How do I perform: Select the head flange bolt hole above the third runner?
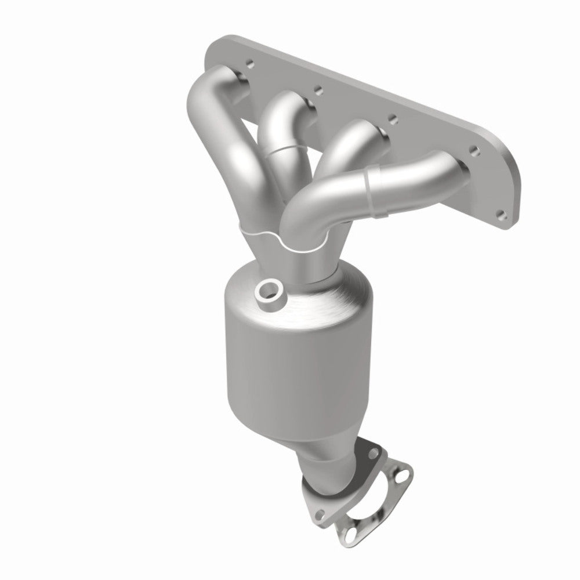click(393, 119)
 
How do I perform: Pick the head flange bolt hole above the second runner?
click(317, 90)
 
